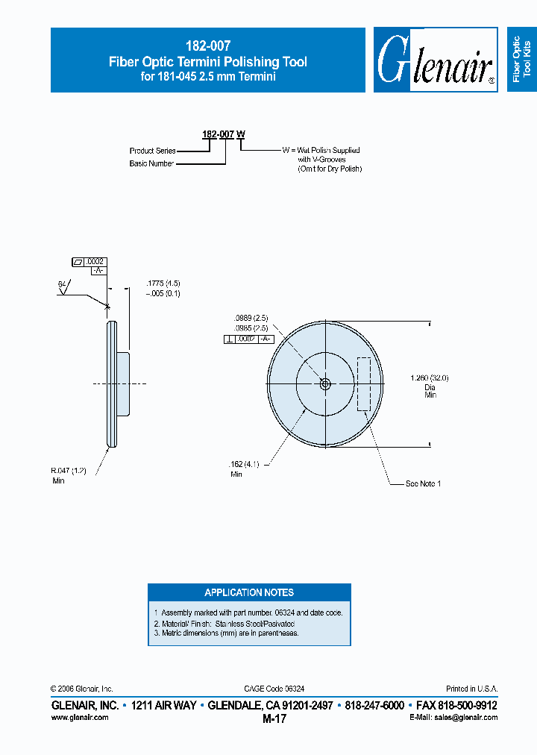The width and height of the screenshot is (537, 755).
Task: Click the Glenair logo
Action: coord(436,61)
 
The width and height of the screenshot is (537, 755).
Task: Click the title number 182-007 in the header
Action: coord(207,46)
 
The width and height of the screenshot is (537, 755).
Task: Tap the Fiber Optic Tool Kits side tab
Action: coord(521,60)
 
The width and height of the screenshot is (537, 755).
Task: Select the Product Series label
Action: coord(152,151)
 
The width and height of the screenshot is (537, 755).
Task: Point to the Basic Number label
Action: coord(151,163)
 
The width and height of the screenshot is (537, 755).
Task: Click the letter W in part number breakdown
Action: coord(241,134)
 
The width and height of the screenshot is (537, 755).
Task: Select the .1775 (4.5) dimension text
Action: coord(162,283)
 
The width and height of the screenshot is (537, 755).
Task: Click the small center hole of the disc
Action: coord(324,384)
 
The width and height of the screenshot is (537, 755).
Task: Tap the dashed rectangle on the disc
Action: coord(364,384)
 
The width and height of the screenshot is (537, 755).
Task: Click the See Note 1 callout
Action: coord(423,484)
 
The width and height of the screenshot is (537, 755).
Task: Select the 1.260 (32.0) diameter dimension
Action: coord(430,378)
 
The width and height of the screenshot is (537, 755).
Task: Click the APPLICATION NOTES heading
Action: coord(249,592)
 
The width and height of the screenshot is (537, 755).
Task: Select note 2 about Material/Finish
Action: coord(224,623)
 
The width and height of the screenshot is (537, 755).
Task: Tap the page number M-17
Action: coord(274,719)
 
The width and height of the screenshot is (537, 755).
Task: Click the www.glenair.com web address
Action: coord(80,717)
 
